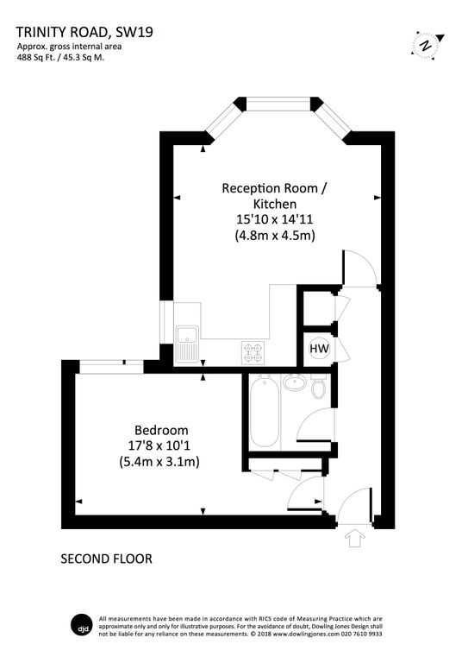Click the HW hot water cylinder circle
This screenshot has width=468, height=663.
319,348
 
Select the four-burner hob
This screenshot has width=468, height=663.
254,352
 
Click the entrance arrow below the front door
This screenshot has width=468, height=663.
352,540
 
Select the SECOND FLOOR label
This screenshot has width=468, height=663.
106,559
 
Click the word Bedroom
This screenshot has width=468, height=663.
161,430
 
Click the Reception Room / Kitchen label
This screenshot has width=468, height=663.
275,195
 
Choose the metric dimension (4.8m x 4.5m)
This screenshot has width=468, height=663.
275,234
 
